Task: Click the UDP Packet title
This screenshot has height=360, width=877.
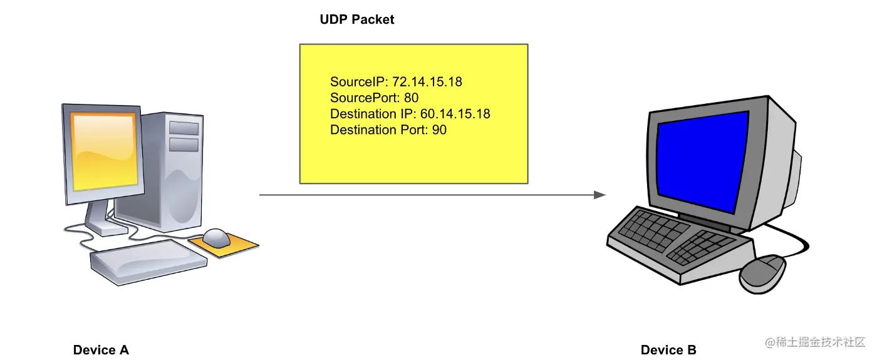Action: [356, 19]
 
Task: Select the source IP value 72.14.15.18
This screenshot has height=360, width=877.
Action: [427, 81]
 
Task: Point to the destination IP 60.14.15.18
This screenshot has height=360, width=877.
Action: [455, 114]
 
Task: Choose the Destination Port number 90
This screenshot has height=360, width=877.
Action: [439, 130]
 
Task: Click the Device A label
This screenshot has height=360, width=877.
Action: [101, 350]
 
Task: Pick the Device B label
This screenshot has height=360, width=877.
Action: [668, 350]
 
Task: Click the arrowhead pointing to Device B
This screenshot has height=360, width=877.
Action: [600, 195]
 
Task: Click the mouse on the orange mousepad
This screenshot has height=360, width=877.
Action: [217, 237]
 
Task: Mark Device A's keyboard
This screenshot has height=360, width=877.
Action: [147, 261]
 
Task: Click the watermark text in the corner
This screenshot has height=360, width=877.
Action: [814, 342]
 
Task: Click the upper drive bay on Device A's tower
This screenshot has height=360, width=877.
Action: [184, 128]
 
